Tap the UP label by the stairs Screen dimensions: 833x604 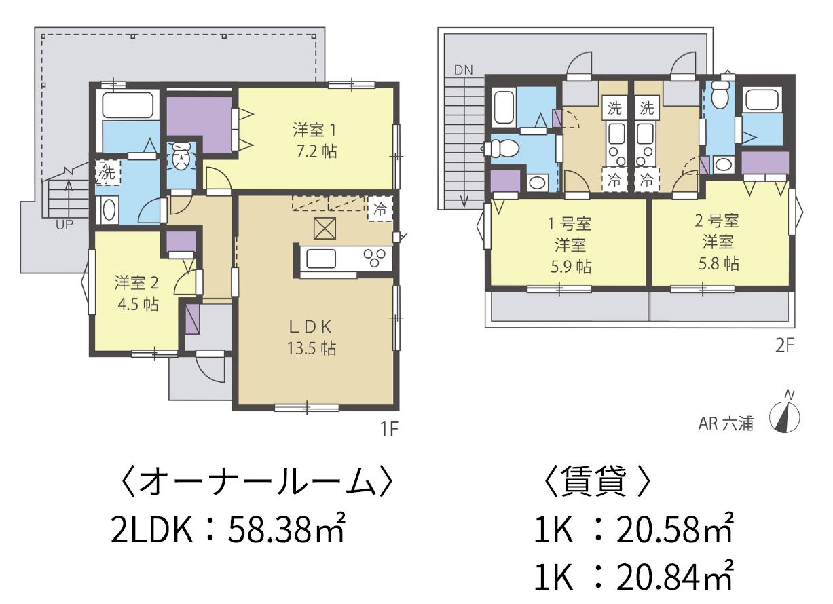64,225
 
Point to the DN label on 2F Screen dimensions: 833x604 464,70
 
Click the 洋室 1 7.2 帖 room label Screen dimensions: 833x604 315,141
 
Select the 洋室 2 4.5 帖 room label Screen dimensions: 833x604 137,293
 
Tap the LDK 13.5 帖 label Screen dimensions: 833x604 311,337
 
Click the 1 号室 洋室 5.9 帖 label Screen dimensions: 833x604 570,245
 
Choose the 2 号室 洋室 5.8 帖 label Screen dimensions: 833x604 718,242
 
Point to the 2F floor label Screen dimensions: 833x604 785,346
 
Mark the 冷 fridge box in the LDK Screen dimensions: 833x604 380,209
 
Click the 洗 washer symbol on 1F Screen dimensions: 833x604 108,172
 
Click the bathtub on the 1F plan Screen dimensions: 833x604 128,104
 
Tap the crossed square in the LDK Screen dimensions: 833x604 325,228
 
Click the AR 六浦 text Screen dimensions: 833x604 726,423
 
